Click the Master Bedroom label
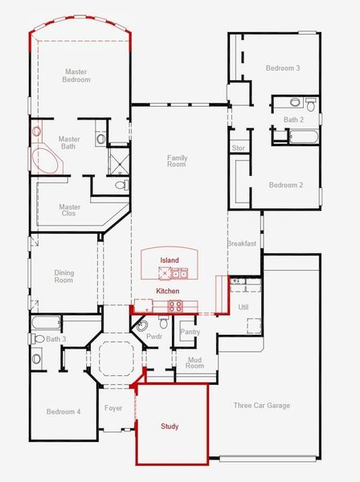[76, 76]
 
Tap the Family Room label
[177, 161]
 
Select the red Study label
[170, 427]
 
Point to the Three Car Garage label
[262, 406]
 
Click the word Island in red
[170, 260]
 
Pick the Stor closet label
[238, 148]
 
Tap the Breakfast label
[242, 243]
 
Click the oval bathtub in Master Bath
[46, 161]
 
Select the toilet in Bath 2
[311, 104]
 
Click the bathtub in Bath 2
[304, 137]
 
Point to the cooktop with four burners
[175, 307]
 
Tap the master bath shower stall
[119, 161]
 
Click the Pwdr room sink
[141, 326]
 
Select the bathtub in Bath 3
[46, 323]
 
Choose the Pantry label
[190, 332]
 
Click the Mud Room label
[194, 363]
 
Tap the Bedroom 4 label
[63, 411]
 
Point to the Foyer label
[113, 408]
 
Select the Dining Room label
[64, 276]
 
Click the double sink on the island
[179, 273]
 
